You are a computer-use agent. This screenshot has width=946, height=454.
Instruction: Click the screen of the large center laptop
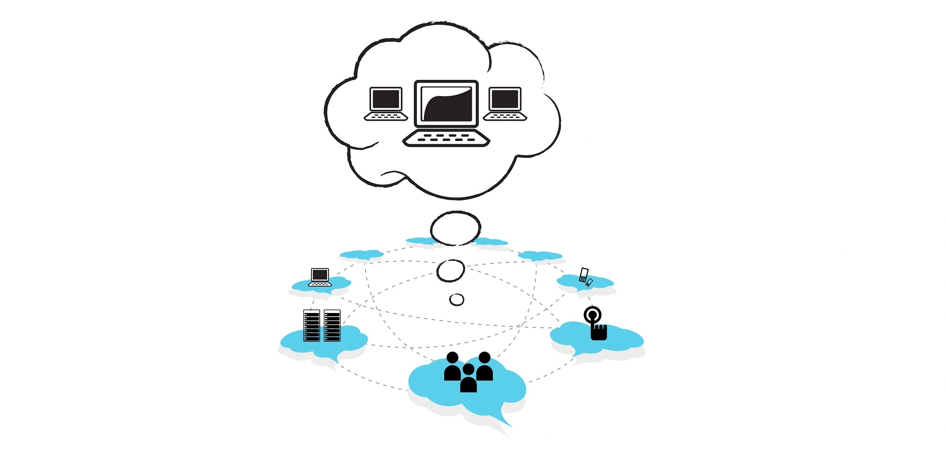click(446, 104)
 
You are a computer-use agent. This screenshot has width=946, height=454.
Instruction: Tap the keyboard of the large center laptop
click(446, 138)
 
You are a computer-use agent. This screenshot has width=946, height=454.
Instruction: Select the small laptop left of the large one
click(386, 104)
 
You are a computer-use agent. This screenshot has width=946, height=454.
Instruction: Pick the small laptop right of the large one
click(505, 104)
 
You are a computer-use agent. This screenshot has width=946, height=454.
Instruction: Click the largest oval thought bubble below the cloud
click(455, 228)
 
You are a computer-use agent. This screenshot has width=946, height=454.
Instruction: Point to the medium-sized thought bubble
click(450, 270)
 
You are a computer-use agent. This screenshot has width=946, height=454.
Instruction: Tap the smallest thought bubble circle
click(457, 300)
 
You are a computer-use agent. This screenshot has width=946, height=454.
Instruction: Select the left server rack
click(312, 325)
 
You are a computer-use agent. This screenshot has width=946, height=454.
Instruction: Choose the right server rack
click(332, 325)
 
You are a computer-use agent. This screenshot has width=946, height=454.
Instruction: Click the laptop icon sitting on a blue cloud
click(320, 277)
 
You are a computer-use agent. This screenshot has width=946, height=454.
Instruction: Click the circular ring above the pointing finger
click(592, 315)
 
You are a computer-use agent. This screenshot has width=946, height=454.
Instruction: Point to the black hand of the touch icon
click(599, 332)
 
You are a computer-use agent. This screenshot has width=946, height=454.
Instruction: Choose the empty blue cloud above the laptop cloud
click(361, 255)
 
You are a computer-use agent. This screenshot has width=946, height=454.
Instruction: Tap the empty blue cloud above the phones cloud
click(540, 256)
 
